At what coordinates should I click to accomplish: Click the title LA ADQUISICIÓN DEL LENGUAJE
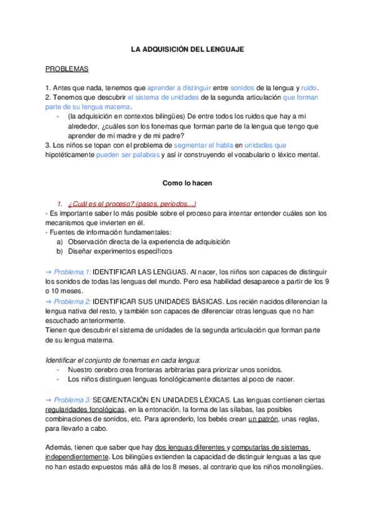pos(187,49)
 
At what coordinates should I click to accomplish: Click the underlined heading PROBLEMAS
pos(67,69)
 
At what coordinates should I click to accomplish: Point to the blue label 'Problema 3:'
pos(72,400)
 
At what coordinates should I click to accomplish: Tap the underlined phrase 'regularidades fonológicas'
pos(85,410)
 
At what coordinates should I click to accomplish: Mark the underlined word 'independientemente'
pos(81,458)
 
